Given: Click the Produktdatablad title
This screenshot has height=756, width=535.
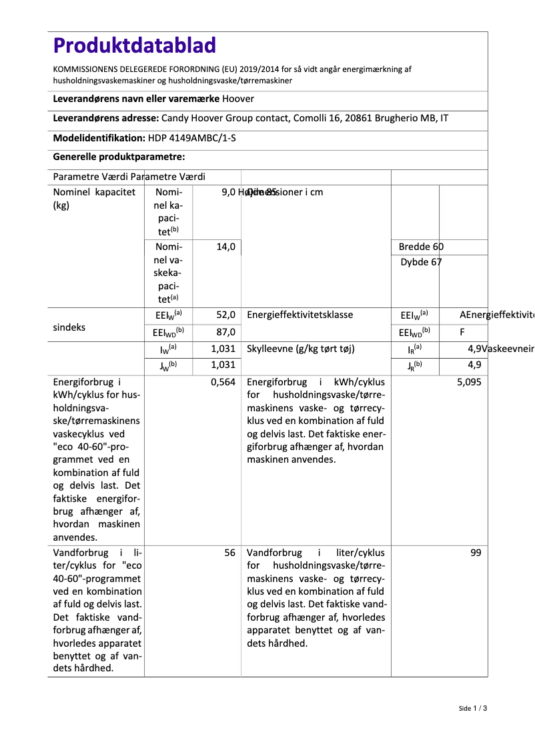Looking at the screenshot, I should (135, 45).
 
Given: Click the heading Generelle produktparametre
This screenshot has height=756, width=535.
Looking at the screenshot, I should (119, 157).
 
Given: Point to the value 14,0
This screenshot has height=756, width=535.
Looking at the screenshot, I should (226, 247).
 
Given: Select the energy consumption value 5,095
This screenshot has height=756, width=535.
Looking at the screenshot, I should (469, 382).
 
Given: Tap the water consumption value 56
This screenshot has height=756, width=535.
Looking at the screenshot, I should (230, 553).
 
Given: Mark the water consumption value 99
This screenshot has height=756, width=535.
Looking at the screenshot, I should (476, 553).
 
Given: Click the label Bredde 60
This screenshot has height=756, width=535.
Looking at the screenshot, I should (421, 247).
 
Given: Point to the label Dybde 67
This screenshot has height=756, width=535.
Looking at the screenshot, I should (421, 262).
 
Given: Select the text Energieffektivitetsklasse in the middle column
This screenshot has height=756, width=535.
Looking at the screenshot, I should (300, 315).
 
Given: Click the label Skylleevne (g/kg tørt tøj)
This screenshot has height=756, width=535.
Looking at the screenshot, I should (300, 349).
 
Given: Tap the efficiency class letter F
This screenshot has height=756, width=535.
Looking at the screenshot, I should (462, 332).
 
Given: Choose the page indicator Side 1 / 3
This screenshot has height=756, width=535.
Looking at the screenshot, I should (473, 708).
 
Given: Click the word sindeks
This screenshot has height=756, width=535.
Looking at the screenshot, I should (69, 328).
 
